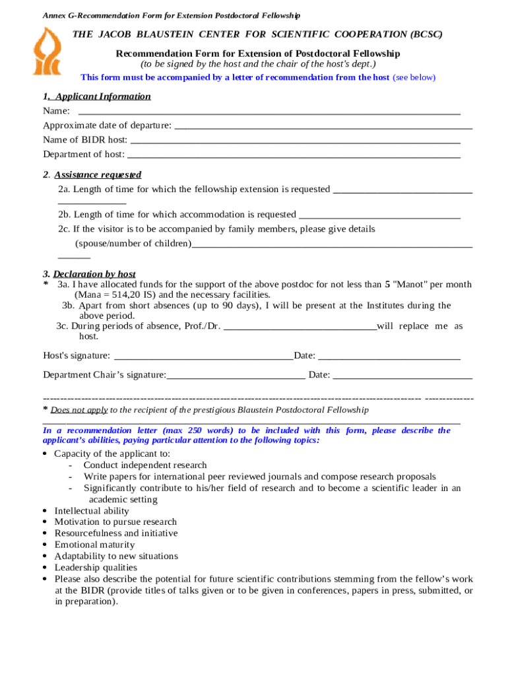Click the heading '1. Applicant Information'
click(97, 96)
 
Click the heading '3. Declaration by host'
click(89, 274)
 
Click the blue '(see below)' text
click(414, 77)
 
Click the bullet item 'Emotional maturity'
click(94, 545)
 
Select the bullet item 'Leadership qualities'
click(96, 567)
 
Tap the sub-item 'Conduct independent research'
click(145, 465)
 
